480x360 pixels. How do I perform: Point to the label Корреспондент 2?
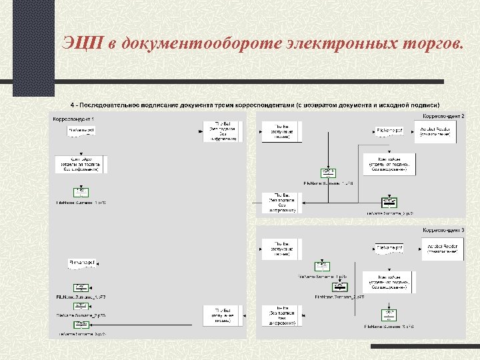pos(443,117)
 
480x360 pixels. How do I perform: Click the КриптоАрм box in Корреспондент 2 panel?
pos(389,164)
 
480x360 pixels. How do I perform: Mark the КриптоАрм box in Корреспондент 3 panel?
pos(389,281)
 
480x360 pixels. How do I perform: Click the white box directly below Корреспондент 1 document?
pos(78,164)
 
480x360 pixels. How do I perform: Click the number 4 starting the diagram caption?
pos(72,105)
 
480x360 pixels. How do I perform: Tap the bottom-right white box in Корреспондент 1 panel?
pos(222,315)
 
